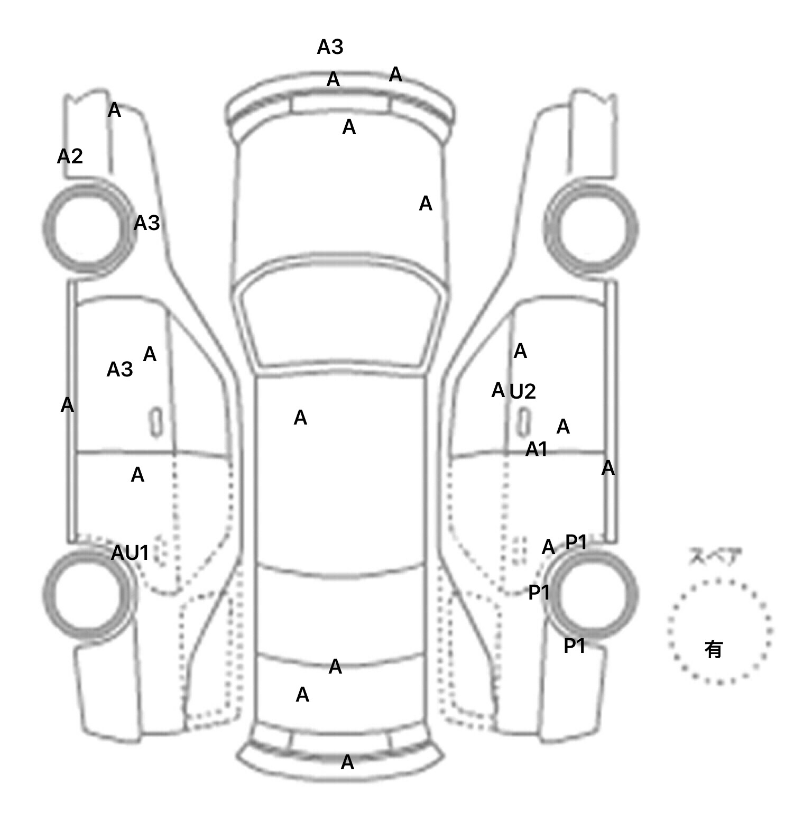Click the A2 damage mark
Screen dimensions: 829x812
(70, 156)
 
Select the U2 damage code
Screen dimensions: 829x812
(523, 392)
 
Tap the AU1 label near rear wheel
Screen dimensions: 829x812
(130, 554)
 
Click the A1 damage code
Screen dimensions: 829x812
(537, 450)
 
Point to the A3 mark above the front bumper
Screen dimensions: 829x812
(330, 48)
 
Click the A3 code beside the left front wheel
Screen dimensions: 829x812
(146, 224)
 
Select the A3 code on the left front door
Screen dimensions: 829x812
(120, 370)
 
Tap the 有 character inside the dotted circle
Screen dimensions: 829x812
(714, 649)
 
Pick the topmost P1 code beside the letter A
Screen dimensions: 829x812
(576, 542)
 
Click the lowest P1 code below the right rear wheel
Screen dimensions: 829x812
(575, 646)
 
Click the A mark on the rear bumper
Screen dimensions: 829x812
(347, 763)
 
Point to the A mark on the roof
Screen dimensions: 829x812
(300, 418)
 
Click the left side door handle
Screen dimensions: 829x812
(156, 422)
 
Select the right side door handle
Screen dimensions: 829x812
(524, 422)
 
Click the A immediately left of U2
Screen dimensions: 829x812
(498, 391)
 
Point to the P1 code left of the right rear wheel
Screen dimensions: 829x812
(539, 593)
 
